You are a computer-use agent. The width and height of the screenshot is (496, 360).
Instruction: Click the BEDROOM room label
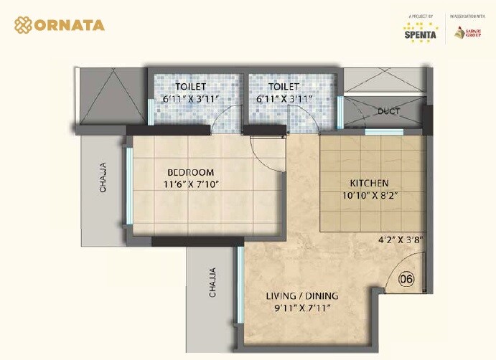tap(190, 172)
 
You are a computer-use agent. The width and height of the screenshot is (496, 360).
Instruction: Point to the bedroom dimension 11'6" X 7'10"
tap(190, 184)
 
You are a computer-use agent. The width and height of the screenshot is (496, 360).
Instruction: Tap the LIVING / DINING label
tap(302, 296)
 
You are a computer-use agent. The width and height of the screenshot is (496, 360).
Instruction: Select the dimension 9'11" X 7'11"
tap(302, 308)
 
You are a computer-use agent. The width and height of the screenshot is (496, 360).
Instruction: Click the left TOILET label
tap(191, 87)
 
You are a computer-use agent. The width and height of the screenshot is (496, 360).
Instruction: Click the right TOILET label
tap(284, 87)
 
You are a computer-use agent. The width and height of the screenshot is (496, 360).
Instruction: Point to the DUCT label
tap(388, 111)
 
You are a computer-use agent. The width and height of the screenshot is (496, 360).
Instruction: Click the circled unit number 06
tap(406, 278)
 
